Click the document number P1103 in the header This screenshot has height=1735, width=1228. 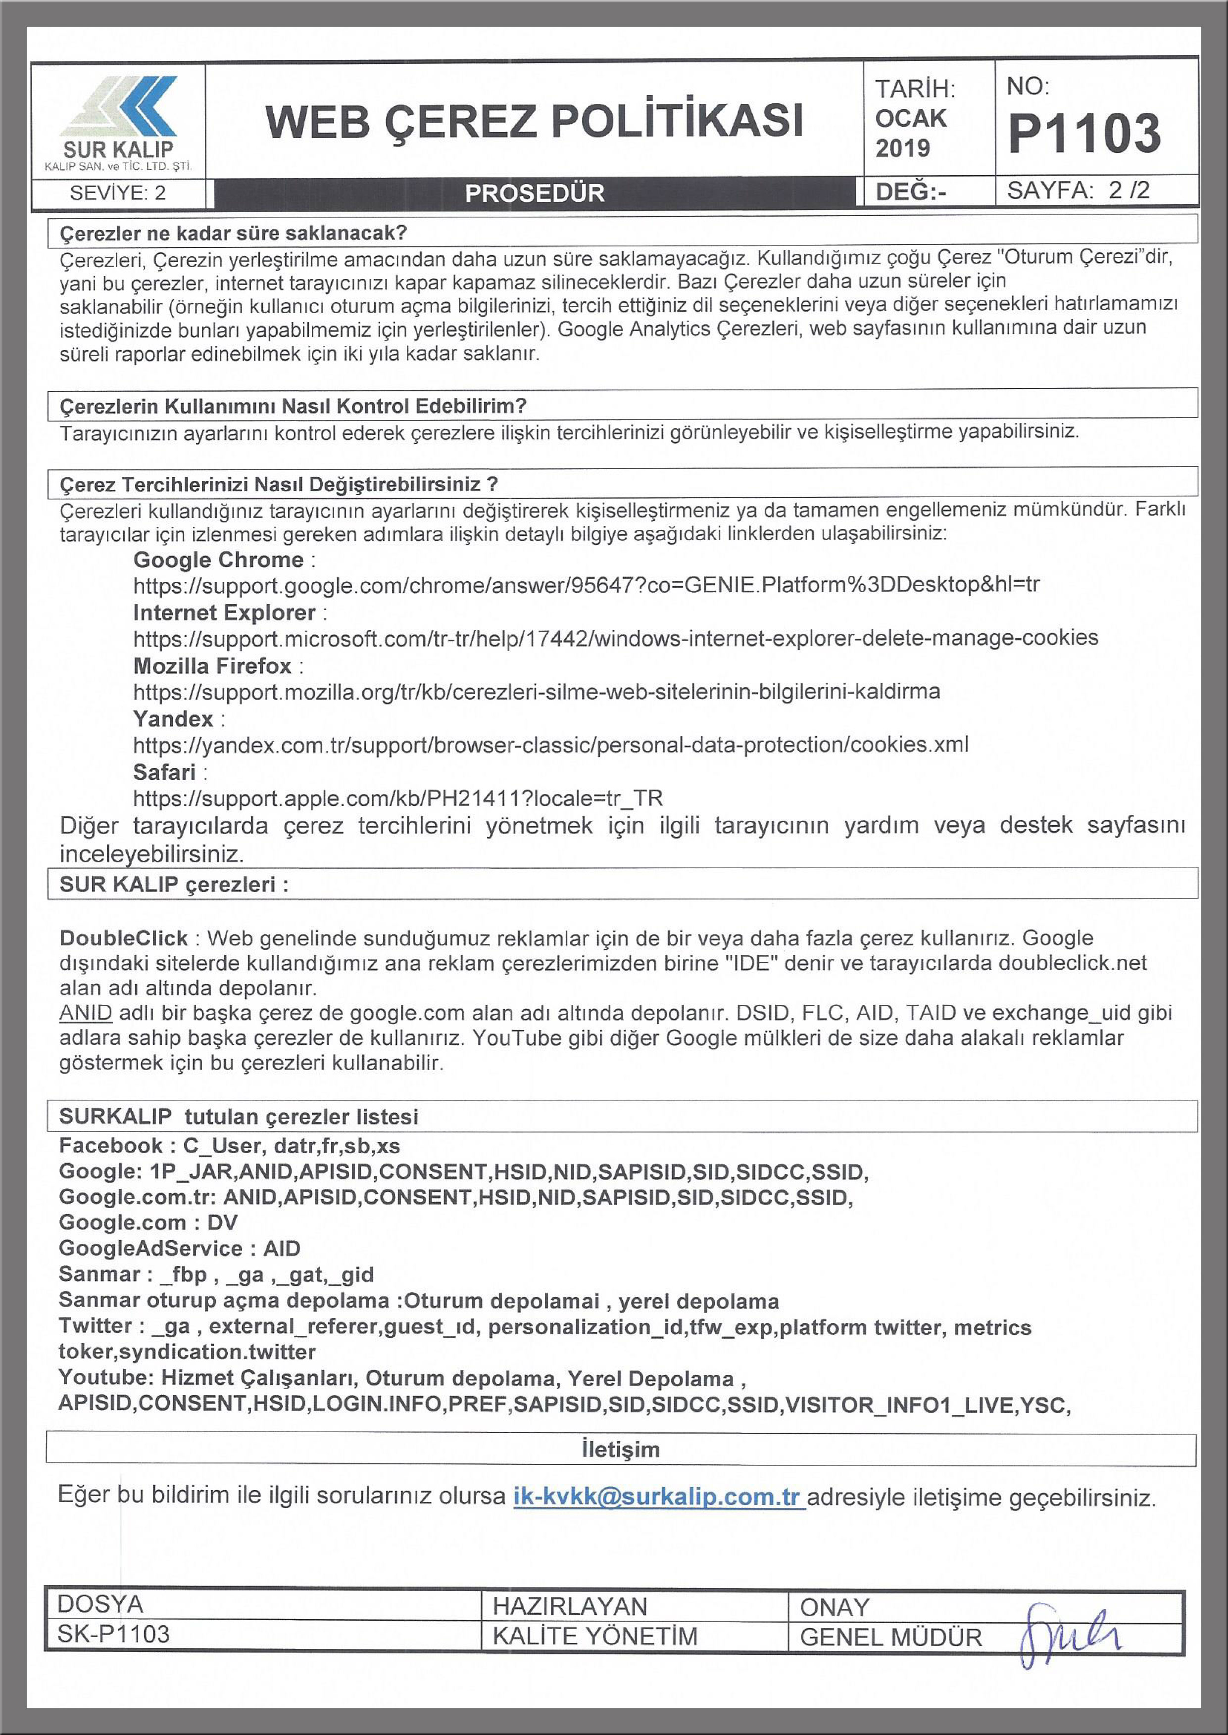(x=1083, y=134)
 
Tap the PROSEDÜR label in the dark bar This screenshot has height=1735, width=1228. (x=535, y=193)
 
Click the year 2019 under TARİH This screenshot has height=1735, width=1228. (x=902, y=148)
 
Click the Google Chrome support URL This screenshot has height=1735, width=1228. (x=586, y=585)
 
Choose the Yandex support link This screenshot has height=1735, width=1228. (x=550, y=745)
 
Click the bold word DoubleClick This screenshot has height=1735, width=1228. (x=123, y=938)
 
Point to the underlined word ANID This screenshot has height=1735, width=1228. (x=86, y=1013)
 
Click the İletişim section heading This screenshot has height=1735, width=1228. (x=620, y=1450)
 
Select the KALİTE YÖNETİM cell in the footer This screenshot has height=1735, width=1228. (x=594, y=1636)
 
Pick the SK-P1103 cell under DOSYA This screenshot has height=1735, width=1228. (x=113, y=1635)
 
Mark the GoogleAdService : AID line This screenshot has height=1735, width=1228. (x=179, y=1248)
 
